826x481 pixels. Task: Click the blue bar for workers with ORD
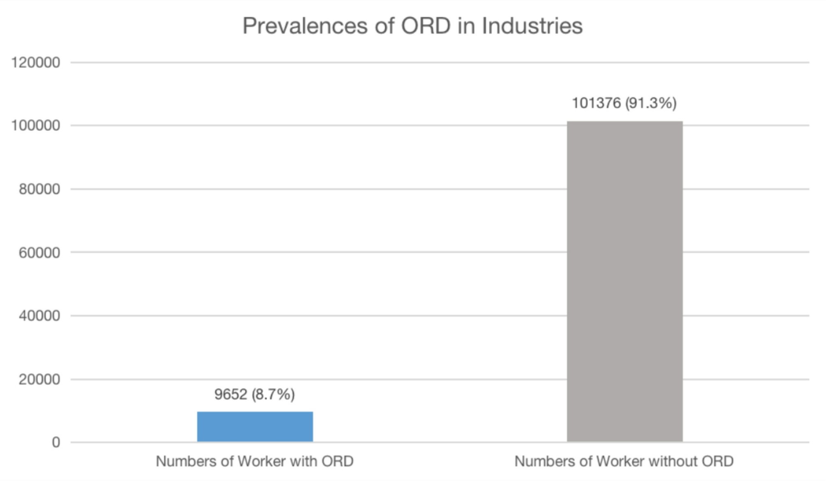[x=255, y=426]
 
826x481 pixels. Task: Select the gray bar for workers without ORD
[x=624, y=281]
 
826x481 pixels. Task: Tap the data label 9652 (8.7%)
[x=254, y=394]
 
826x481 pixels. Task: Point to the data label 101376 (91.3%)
[x=624, y=103]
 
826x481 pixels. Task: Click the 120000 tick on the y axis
[x=35, y=62]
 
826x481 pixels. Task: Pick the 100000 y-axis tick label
[x=35, y=125]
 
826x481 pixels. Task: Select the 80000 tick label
[x=39, y=189]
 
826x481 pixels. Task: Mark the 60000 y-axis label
[x=39, y=252]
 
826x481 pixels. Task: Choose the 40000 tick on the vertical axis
[x=39, y=316]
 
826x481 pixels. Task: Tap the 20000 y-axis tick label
[x=39, y=379]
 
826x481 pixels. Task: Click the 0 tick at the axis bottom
[x=56, y=442]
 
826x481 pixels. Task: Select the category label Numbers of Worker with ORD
[x=254, y=461]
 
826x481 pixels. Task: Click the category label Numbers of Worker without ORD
[x=624, y=461]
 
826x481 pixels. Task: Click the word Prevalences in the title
[x=304, y=26]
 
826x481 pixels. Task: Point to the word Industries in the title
[x=532, y=26]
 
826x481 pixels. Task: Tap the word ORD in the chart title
[x=426, y=26]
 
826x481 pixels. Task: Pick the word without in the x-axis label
[x=670, y=461]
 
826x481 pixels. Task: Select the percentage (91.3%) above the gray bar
[x=650, y=103]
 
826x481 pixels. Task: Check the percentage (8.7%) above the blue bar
[x=273, y=394]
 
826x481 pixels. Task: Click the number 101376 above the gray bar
[x=596, y=103]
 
